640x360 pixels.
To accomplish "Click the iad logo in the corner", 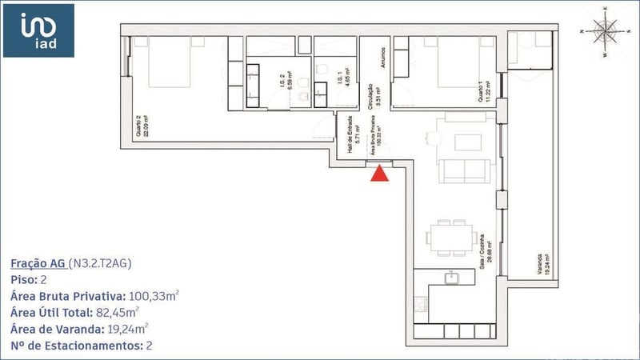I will pos(38,30).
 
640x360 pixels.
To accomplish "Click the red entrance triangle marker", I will pos(380,172).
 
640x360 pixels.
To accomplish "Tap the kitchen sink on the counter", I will pos(450,278).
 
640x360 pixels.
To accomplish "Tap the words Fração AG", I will pos(38,263).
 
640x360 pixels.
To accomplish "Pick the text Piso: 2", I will pos(31,280).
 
